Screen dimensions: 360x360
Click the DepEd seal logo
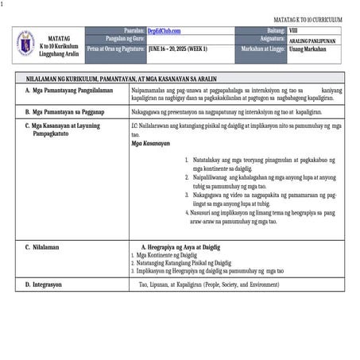click(26, 42)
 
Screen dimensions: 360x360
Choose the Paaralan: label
click(130, 29)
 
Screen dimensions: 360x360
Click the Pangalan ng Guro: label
click(121, 38)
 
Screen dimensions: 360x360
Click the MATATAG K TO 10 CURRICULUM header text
click(308, 17)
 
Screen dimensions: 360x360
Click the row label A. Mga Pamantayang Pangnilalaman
click(69, 92)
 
